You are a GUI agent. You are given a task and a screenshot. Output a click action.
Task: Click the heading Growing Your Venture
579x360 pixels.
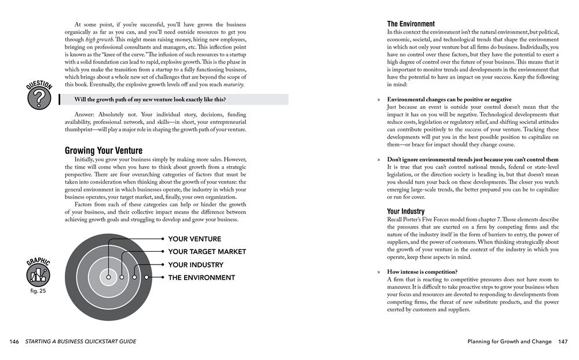103,150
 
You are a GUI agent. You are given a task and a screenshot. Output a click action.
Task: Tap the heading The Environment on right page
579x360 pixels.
411,24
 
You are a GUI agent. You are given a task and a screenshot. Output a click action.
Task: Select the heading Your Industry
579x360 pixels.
405,211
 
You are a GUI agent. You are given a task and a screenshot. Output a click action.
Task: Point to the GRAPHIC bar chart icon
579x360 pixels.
39,274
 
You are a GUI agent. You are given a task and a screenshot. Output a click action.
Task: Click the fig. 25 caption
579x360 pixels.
39,291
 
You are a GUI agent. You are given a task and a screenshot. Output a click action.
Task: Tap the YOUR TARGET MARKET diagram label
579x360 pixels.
207,252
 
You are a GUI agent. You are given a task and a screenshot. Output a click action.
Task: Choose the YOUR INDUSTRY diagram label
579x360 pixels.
196,265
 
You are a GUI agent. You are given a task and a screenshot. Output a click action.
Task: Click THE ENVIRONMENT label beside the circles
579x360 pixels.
201,278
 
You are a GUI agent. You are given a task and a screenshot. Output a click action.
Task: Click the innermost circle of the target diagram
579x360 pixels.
108,277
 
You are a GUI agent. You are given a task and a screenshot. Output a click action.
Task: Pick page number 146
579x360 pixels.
14,341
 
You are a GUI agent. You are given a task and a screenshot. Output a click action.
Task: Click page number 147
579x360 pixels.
562,341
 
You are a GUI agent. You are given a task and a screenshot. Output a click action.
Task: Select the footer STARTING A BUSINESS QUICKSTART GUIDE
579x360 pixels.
81,341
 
